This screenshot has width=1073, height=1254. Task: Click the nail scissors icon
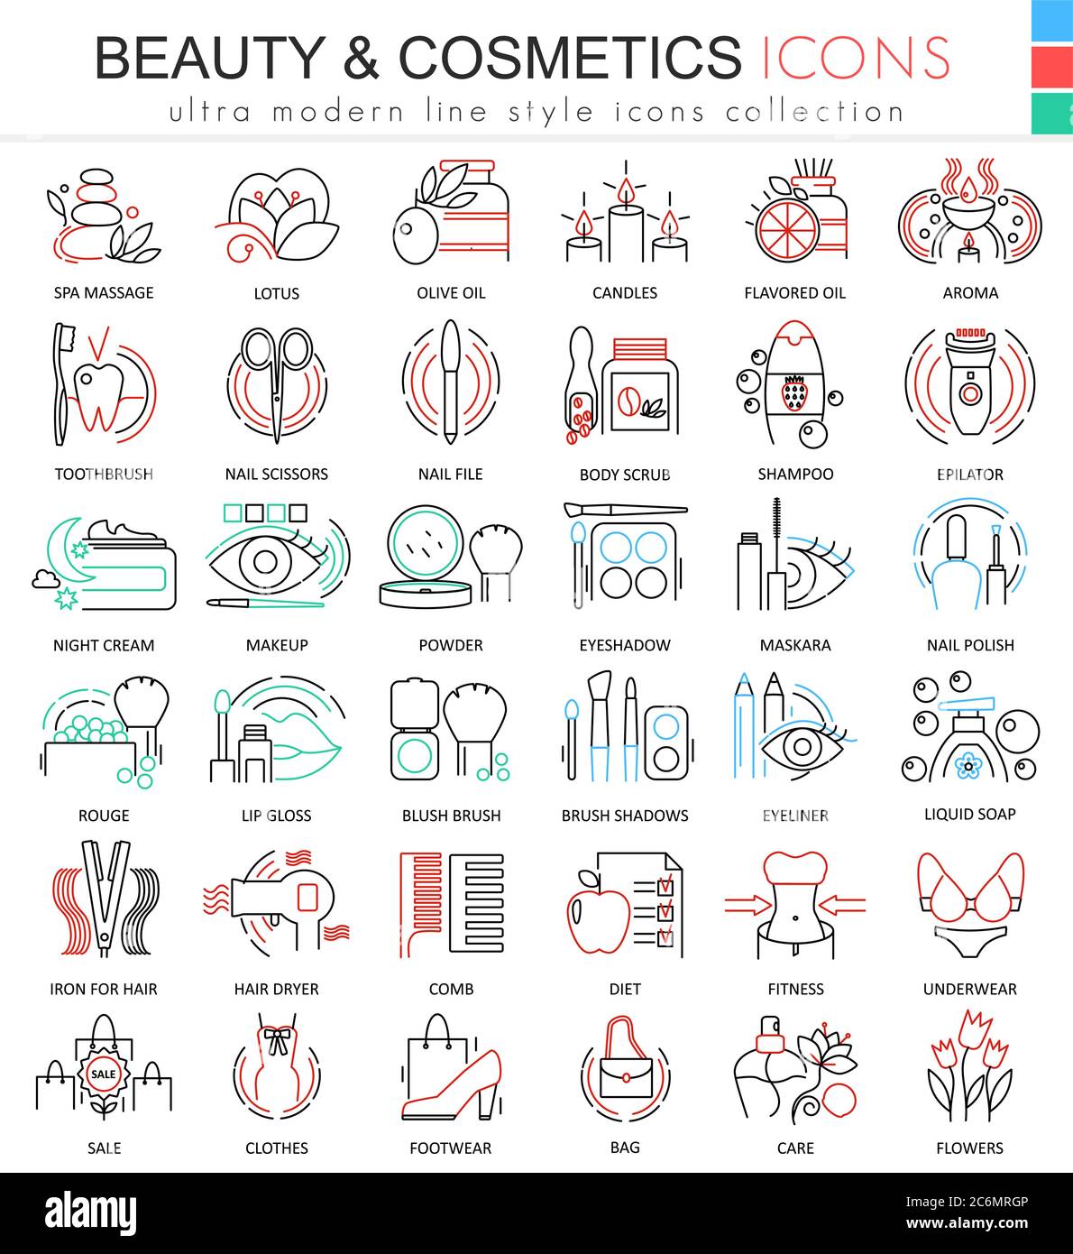point(277,383)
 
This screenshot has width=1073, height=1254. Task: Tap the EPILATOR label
point(970,474)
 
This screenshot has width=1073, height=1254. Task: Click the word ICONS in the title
point(855,57)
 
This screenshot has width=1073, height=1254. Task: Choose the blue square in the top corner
point(1052,20)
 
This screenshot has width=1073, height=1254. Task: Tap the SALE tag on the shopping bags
point(104,1074)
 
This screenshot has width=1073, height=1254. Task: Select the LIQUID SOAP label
point(970,814)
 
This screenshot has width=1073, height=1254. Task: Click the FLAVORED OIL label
point(795,292)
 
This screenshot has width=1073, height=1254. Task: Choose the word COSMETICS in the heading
point(570,57)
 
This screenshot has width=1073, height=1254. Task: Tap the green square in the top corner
point(1052,113)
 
